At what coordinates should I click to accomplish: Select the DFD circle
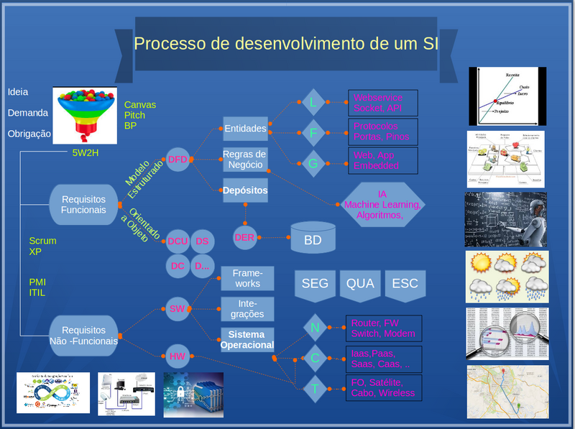tap(178, 160)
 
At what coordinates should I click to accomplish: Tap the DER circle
tap(245, 236)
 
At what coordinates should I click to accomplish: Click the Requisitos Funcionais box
tap(84, 204)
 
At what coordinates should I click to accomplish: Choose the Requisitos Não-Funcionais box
tap(84, 336)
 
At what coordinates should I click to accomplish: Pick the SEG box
tap(315, 283)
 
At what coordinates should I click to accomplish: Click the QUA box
tap(360, 283)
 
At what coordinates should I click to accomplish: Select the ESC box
tap(405, 283)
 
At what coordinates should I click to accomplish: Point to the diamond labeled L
tap(313, 103)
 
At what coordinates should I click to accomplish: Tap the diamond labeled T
tap(314, 389)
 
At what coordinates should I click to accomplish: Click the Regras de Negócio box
tap(244, 160)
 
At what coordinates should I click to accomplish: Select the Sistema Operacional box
tap(247, 340)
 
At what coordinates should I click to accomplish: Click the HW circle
tap(178, 355)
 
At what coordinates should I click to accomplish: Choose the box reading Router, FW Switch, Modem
tap(382, 328)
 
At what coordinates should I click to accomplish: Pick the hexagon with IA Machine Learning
tap(382, 204)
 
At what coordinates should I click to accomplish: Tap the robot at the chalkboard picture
tap(505, 218)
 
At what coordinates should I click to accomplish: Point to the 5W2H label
tap(86, 152)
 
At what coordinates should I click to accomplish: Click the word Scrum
tap(42, 241)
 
